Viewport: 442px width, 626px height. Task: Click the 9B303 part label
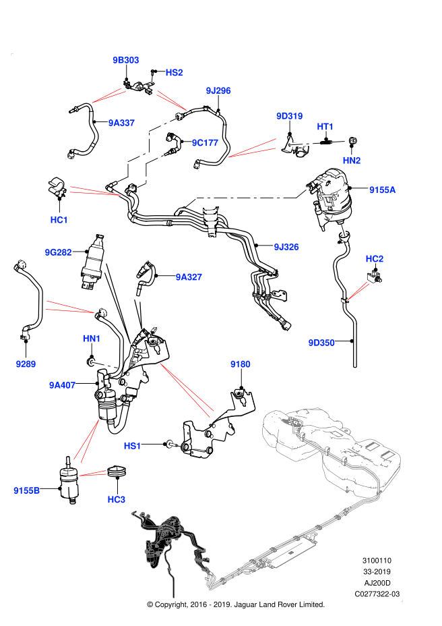(x=125, y=60)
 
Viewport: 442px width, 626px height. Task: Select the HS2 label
(x=174, y=73)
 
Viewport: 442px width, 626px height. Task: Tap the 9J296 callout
(x=218, y=90)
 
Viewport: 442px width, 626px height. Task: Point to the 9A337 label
(x=121, y=123)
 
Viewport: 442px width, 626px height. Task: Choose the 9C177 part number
(x=205, y=143)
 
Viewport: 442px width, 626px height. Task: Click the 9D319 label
(x=289, y=116)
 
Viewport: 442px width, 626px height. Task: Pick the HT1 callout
(x=325, y=127)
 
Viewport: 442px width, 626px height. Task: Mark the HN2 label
(x=352, y=161)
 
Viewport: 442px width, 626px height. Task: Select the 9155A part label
(x=382, y=190)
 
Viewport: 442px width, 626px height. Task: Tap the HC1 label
(x=59, y=220)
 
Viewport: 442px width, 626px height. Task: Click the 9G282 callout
(x=58, y=252)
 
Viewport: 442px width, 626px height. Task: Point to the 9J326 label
(x=286, y=247)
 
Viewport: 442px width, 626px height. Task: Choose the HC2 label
(x=375, y=259)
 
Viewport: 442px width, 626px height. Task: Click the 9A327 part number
(x=189, y=277)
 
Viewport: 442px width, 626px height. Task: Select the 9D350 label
(x=321, y=343)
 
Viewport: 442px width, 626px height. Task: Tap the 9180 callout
(x=241, y=364)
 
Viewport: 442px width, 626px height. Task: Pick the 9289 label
(x=26, y=364)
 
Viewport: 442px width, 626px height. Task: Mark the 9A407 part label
(x=62, y=385)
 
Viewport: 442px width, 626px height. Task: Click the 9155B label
(x=27, y=490)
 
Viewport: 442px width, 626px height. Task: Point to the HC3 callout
(x=117, y=499)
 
